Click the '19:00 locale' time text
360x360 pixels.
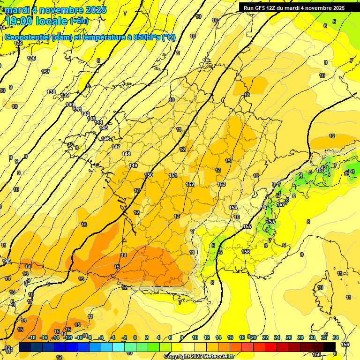37,21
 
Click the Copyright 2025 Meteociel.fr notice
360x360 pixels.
199,357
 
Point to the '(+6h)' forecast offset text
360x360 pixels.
79,21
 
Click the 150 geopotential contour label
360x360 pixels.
149,175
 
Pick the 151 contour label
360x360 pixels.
173,175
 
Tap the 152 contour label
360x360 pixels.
190,184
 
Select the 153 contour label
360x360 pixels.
221,184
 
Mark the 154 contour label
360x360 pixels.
233,208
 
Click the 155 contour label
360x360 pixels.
247,226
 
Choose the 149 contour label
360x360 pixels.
133,165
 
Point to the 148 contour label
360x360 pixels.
126,154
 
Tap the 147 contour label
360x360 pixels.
116,147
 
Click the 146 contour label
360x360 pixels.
105,139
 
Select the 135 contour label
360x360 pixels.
18,43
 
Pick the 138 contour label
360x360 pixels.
51,92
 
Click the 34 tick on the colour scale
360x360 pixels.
335,337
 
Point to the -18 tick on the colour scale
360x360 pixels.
32,337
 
